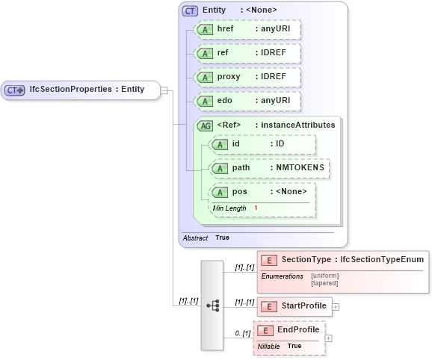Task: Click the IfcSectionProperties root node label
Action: click(x=86, y=90)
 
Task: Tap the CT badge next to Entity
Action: click(x=191, y=10)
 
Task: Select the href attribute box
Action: click(x=247, y=30)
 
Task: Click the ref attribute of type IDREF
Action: click(x=247, y=54)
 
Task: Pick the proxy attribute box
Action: click(x=247, y=78)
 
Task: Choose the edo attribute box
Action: click(x=247, y=101)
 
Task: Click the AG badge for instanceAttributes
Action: click(x=205, y=125)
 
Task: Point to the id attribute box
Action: click(x=263, y=144)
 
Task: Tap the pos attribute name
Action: click(x=240, y=192)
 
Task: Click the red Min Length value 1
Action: click(x=256, y=208)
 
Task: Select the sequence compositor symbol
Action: click(x=212, y=305)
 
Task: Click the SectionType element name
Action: click(x=306, y=259)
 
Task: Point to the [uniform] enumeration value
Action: click(x=325, y=276)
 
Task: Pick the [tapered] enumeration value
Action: click(x=325, y=283)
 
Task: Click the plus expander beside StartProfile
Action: click(x=336, y=306)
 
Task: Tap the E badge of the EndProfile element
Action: click(x=265, y=330)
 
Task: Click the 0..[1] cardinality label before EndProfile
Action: click(x=242, y=333)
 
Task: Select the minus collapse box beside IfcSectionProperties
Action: click(x=164, y=90)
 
